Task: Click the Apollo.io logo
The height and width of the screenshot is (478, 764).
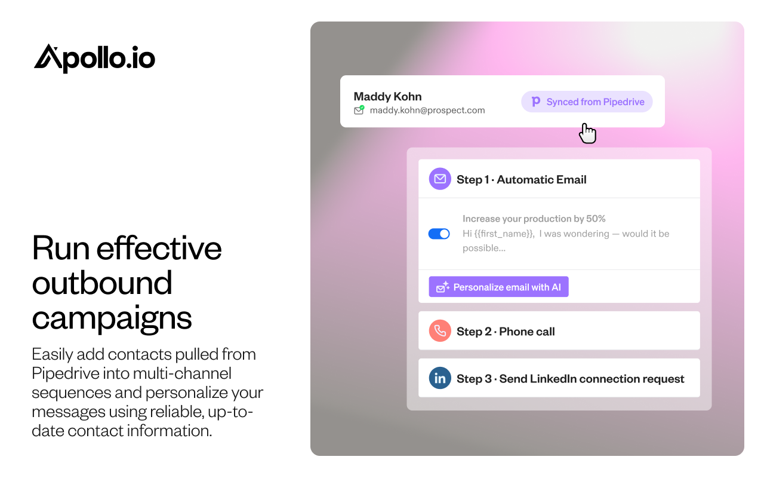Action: click(x=94, y=59)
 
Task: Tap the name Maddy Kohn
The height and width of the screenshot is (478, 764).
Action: click(x=387, y=96)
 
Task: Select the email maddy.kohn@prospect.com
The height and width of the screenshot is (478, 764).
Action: click(x=427, y=111)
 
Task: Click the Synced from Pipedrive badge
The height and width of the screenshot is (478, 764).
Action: click(x=587, y=102)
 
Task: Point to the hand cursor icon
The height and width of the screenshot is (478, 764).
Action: click(x=587, y=133)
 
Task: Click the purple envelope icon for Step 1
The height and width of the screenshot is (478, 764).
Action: click(x=440, y=179)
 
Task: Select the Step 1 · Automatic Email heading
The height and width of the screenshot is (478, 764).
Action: click(x=521, y=179)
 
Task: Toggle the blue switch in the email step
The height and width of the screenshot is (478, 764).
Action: click(x=439, y=234)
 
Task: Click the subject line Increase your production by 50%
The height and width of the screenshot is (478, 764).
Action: click(x=534, y=219)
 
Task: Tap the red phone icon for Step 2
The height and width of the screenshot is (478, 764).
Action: click(x=440, y=330)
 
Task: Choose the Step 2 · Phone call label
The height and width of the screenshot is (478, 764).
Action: click(x=506, y=332)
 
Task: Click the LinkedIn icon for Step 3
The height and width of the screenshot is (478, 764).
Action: click(x=440, y=378)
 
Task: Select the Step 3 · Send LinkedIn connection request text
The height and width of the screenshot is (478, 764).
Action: click(x=570, y=379)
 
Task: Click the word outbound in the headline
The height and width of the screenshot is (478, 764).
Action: click(x=102, y=283)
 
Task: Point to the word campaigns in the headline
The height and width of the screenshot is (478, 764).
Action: click(x=112, y=318)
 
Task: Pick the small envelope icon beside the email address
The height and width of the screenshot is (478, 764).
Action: click(x=359, y=110)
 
